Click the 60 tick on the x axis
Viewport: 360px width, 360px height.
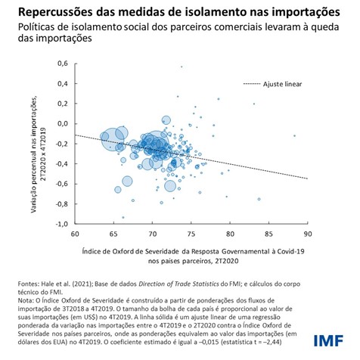coord(75,234)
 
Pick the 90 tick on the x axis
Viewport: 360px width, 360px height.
coord(308,234)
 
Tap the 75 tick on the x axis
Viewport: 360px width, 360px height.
coord(191,234)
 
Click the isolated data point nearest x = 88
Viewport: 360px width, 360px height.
coord(294,135)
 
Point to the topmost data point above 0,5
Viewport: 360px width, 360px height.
coord(182,67)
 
